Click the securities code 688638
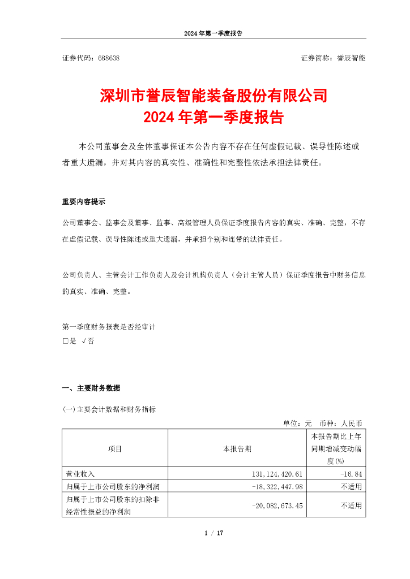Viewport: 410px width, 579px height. [x=108, y=58]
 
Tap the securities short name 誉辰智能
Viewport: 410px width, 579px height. [x=351, y=58]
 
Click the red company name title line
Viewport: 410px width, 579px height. [x=213, y=95]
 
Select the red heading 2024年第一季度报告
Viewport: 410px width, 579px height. [x=213, y=118]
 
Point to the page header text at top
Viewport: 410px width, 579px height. [x=213, y=33]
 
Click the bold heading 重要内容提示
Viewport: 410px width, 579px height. [x=83, y=202]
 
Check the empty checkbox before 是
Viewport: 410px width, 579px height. [x=65, y=342]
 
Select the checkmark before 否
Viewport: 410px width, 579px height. [x=84, y=342]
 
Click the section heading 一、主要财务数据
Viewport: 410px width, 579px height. [x=91, y=388]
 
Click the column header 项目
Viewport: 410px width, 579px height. [x=115, y=449]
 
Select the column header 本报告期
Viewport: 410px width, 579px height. [x=237, y=449]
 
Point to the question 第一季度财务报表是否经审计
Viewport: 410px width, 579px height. [x=108, y=327]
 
